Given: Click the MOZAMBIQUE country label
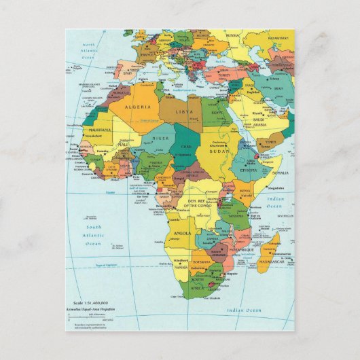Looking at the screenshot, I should point(241,251).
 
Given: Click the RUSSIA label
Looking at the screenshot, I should point(233,35).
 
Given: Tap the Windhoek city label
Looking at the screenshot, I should point(181,260).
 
